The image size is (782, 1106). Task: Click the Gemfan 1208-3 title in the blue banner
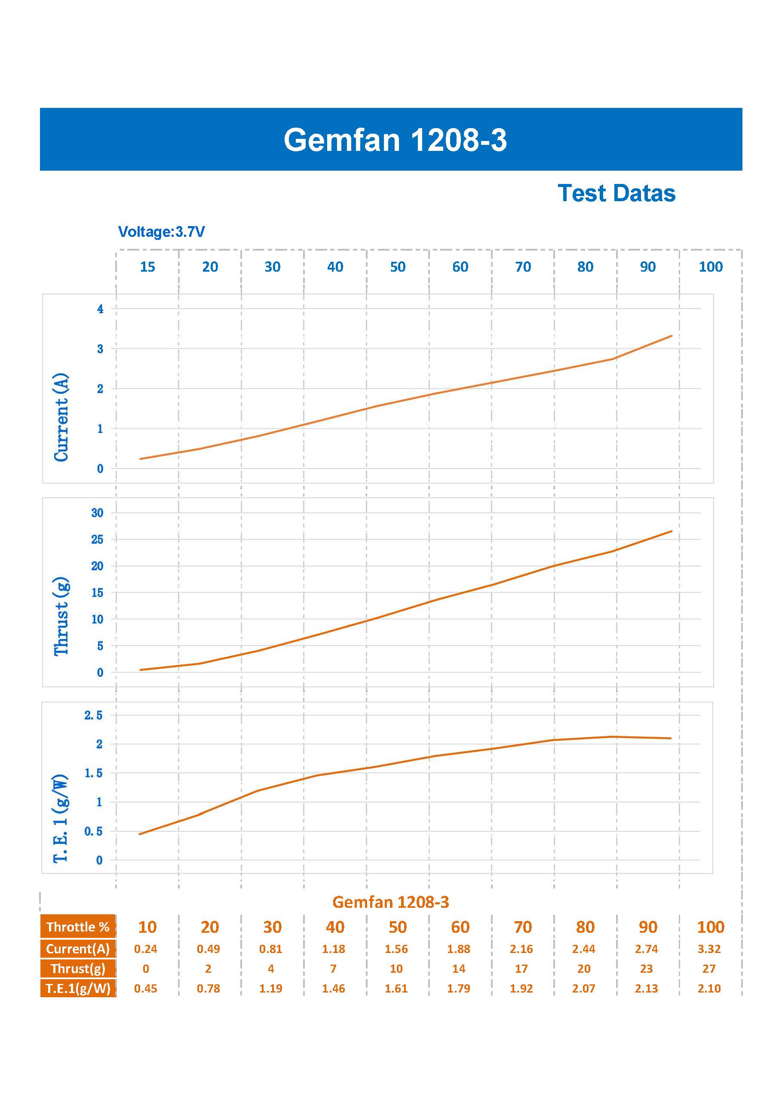[x=395, y=140]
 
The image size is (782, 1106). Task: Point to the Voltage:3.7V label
[x=161, y=232]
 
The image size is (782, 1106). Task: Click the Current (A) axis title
[x=61, y=417]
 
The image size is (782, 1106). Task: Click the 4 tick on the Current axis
[x=100, y=309]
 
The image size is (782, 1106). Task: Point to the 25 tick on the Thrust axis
[x=97, y=539]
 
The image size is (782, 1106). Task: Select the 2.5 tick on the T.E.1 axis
[x=93, y=715]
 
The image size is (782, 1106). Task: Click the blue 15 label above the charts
[x=147, y=267]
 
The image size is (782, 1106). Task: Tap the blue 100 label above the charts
[x=711, y=267]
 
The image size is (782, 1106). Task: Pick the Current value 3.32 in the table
[x=709, y=949]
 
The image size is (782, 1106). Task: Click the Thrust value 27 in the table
[x=709, y=969]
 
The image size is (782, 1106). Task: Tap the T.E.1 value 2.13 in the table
[x=647, y=989]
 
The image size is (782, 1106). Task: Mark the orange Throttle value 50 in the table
[x=398, y=927]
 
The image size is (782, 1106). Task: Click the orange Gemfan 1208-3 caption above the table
[x=391, y=902]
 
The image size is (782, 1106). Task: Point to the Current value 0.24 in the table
[x=145, y=949]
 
